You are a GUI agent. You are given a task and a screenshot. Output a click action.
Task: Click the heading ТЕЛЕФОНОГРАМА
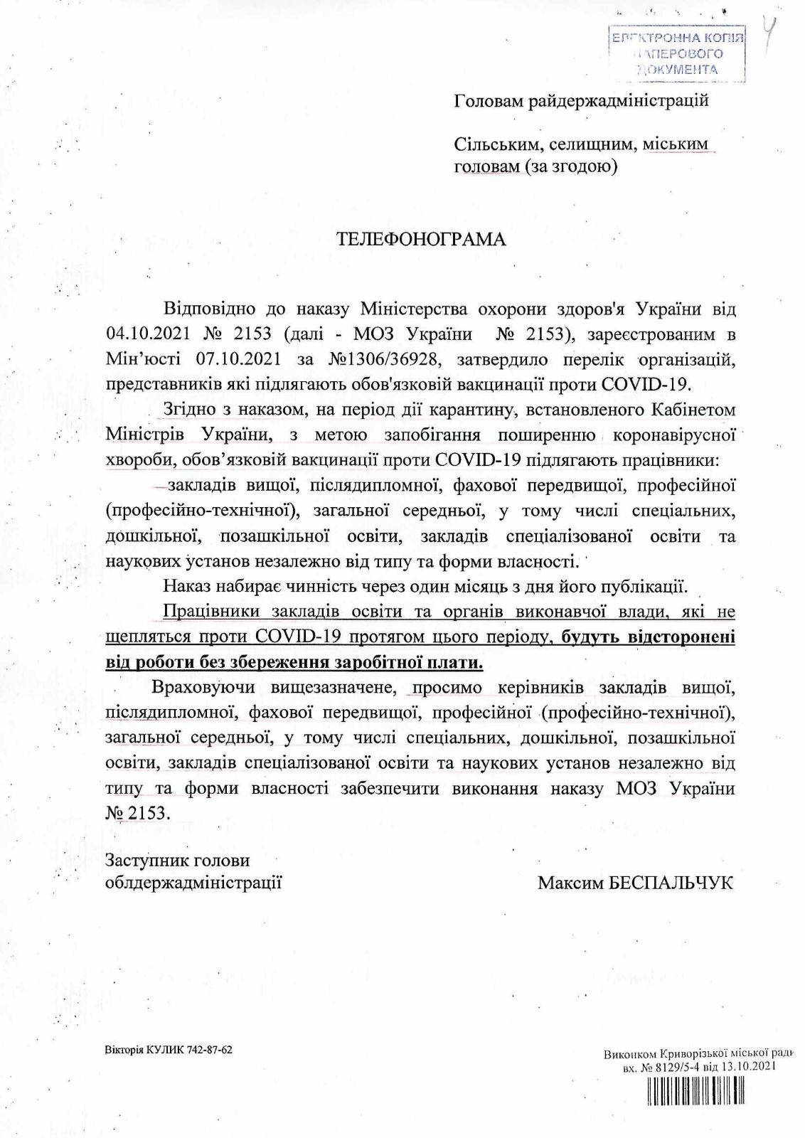click(x=421, y=239)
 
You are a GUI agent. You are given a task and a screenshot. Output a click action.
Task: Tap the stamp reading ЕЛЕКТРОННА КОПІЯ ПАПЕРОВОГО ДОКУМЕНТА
click(x=678, y=53)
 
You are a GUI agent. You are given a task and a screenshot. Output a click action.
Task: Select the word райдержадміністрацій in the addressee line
click(x=618, y=100)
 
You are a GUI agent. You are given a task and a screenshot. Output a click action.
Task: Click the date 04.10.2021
click(x=148, y=334)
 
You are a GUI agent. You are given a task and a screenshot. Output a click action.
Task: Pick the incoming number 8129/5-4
click(x=674, y=1066)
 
